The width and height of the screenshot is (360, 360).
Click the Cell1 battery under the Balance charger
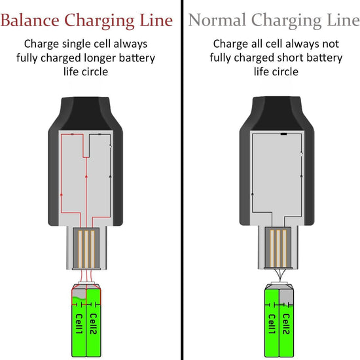tap(78, 324)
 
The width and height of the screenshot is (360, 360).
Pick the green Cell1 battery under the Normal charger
tap(271, 324)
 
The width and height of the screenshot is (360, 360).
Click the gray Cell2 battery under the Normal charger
tap(287, 324)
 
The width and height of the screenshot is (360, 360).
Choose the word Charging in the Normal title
tap(289, 20)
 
